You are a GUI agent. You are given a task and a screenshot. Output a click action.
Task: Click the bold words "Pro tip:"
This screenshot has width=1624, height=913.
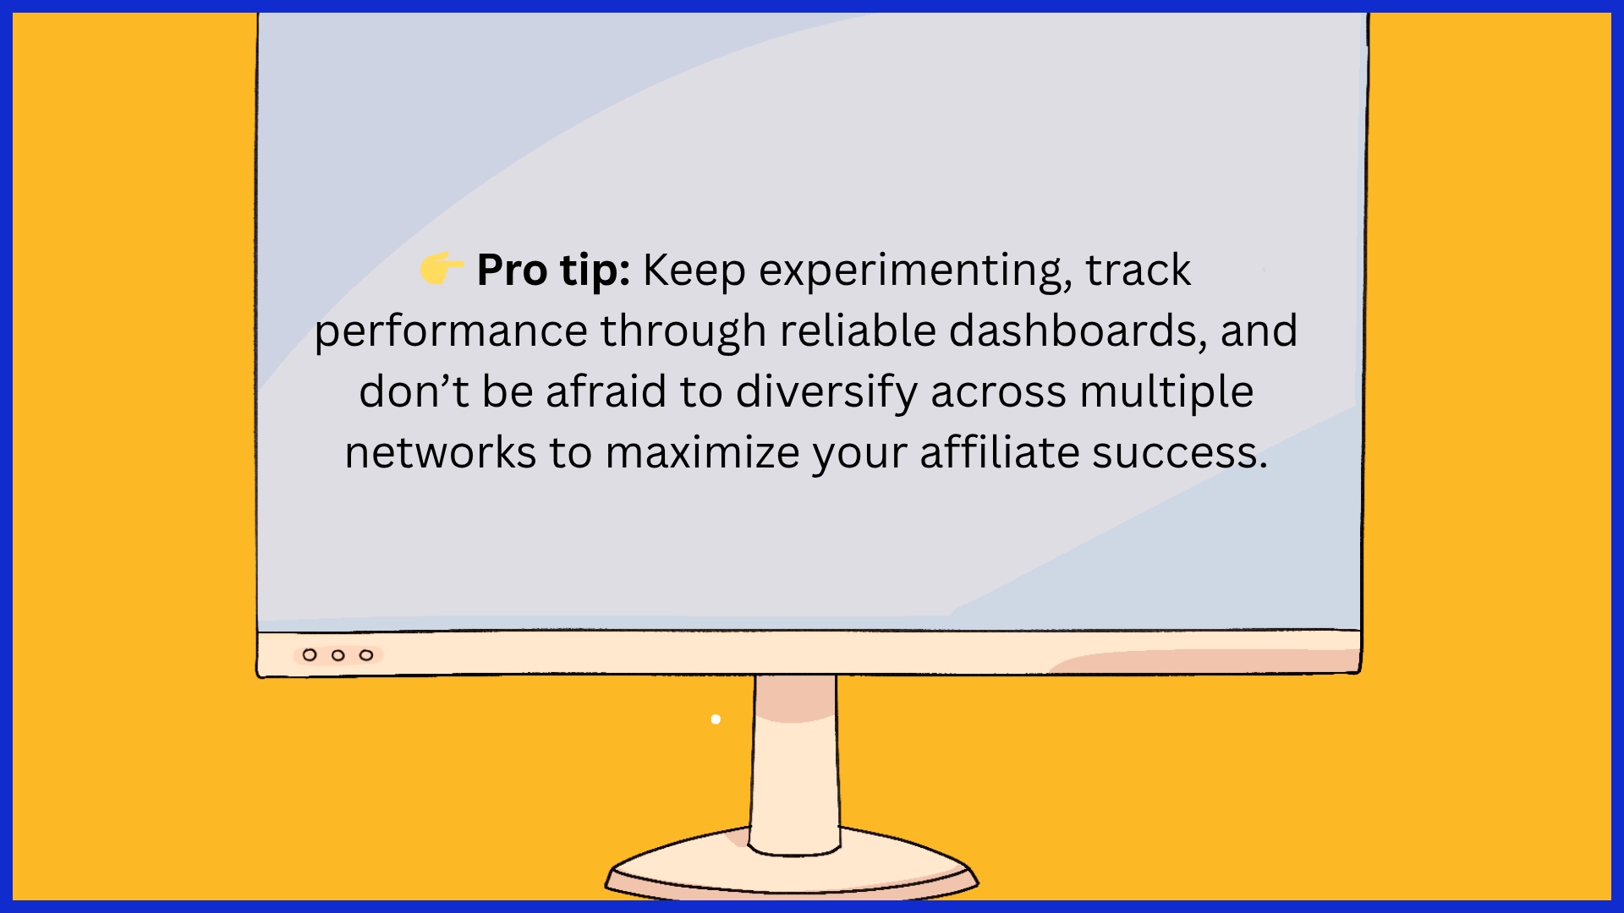coord(553,271)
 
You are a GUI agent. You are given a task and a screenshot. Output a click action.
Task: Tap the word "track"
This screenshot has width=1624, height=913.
coord(1138,271)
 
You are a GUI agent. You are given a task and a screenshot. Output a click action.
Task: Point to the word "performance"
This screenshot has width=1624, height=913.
coord(451,332)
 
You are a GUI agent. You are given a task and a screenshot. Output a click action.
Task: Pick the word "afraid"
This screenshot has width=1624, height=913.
coord(606,391)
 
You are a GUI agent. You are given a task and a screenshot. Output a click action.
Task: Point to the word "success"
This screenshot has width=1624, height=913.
coord(1179,454)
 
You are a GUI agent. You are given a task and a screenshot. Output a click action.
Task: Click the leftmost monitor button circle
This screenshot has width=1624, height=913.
coord(310,655)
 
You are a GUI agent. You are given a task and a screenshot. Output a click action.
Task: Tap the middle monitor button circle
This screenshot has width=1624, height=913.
coord(338,655)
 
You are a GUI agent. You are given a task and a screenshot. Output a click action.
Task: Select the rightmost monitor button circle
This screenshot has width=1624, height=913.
coord(366,655)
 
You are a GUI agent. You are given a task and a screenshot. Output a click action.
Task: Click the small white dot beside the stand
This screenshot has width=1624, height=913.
coord(716,719)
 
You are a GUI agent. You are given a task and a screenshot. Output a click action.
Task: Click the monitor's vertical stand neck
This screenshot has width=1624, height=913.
coord(795,761)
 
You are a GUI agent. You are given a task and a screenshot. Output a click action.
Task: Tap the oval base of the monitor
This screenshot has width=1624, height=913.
coord(792,871)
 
